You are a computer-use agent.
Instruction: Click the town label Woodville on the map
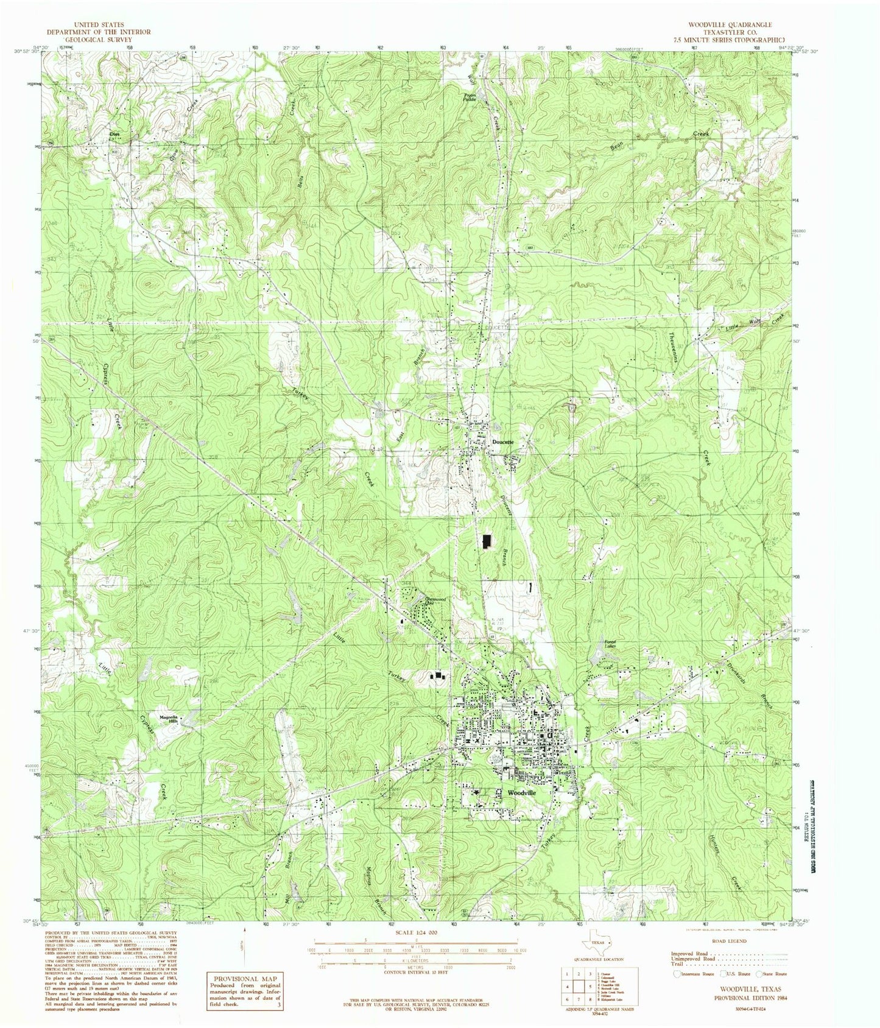[x=522, y=793]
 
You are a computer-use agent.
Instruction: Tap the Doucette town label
[x=503, y=442]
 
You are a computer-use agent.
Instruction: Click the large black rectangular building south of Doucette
[x=487, y=541]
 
